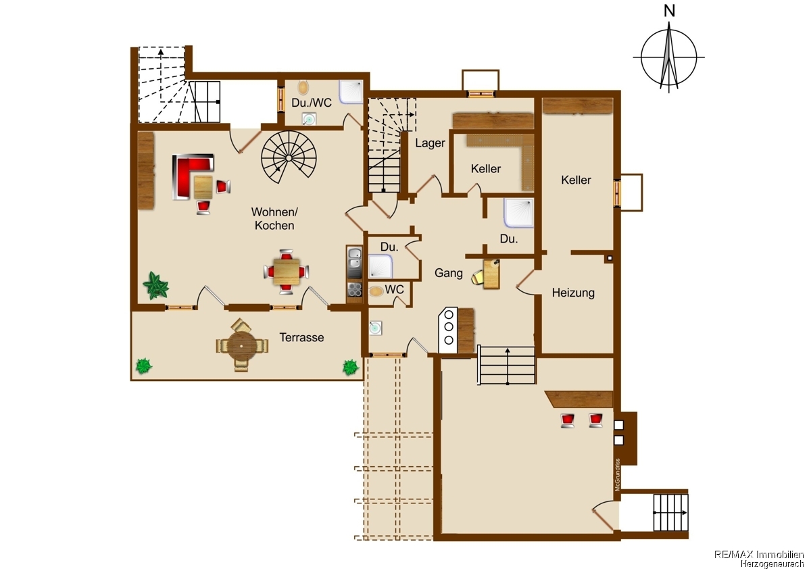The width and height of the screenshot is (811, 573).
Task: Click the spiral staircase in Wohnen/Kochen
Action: click(289, 158)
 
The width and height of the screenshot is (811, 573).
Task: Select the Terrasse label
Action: click(301, 337)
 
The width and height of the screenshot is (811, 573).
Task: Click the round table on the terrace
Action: click(242, 347)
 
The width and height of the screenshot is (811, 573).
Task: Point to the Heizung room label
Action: click(573, 293)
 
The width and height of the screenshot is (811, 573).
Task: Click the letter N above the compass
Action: click(669, 11)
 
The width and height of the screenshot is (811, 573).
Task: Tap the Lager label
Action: click(430, 143)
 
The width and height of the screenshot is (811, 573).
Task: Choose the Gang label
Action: click(449, 272)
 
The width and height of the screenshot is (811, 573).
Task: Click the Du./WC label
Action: click(312, 103)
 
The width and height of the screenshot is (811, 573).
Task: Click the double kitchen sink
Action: click(354, 262)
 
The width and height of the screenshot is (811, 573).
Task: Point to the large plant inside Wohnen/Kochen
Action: click(155, 285)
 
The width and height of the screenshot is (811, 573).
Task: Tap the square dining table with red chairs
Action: click(287, 272)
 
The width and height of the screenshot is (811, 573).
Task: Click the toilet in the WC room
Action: click(376, 291)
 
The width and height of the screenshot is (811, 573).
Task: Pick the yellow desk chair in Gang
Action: click(478, 277)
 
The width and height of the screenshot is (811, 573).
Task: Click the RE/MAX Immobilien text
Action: click(759, 554)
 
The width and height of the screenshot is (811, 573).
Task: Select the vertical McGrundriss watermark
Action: click(617, 474)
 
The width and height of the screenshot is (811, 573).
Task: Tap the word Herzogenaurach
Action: click(772, 564)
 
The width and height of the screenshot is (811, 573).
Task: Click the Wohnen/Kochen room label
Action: click(274, 218)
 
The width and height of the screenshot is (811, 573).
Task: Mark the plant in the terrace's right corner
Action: click(351, 367)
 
